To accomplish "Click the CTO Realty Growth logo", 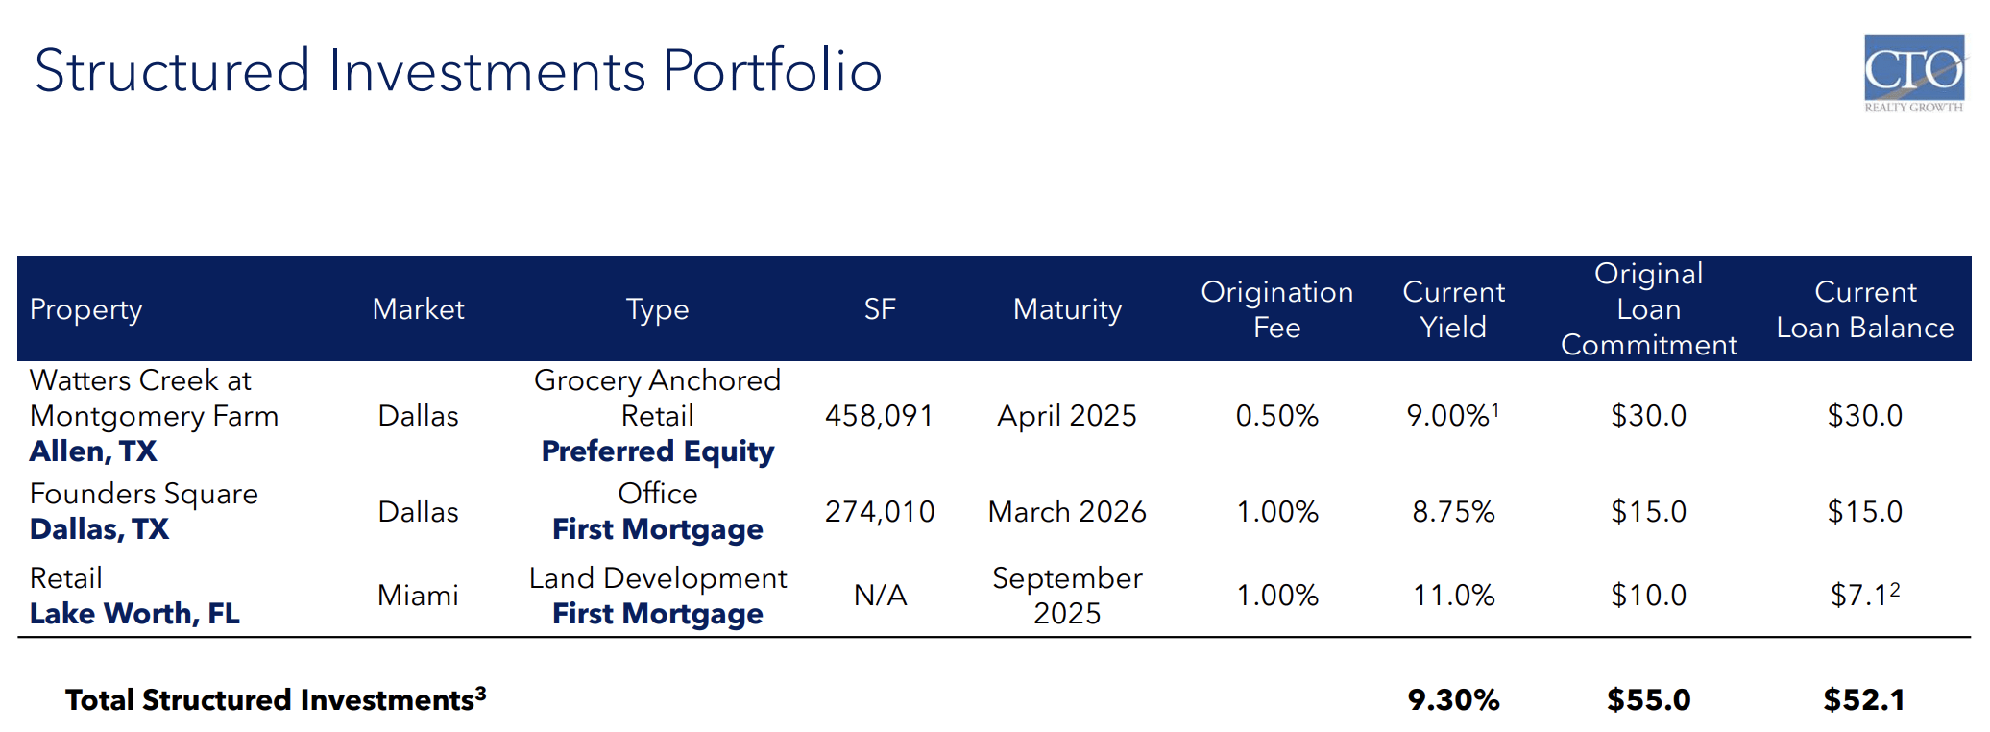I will (1913, 72).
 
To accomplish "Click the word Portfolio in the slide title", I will (772, 71).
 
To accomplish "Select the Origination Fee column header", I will (1276, 309).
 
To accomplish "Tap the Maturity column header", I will (1067, 309).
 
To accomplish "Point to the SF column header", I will (880, 309).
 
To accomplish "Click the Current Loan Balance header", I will (1864, 309).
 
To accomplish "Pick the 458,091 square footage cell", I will (879, 416).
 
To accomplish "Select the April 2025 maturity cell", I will (1067, 416).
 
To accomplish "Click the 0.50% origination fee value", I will (1276, 416).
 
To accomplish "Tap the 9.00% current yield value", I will (1448, 416).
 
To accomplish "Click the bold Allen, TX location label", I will (93, 451).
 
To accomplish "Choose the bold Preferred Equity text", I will (658, 451).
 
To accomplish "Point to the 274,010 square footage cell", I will (879, 512).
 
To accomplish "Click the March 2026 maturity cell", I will (1067, 512).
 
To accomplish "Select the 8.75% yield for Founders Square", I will (1453, 512).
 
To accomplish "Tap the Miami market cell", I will (418, 596).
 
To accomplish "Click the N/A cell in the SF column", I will (880, 596).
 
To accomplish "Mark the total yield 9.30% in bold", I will (1453, 699).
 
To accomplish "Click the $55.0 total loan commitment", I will (1648, 699).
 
